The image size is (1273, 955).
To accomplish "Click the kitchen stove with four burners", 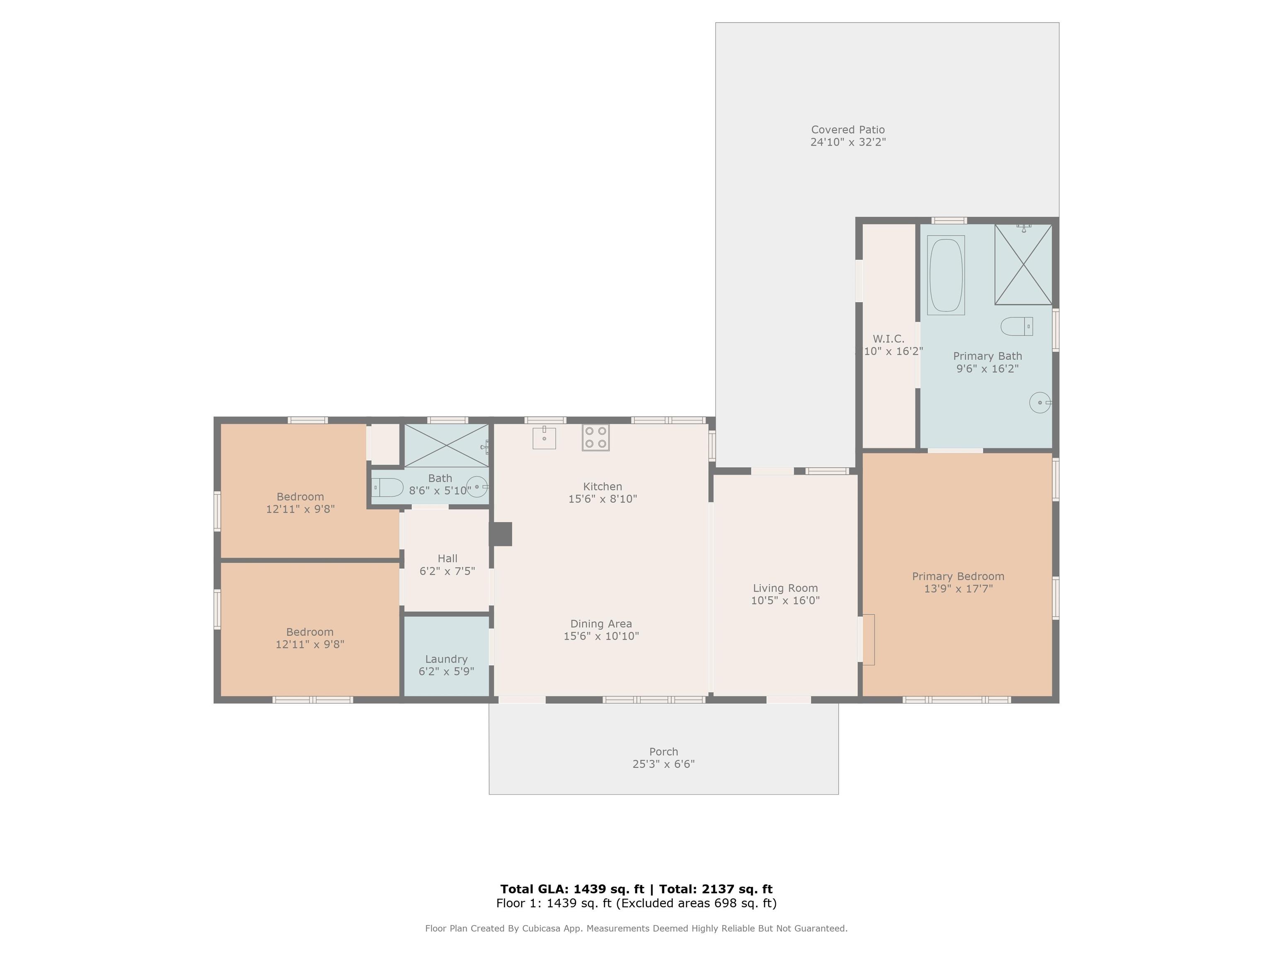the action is tap(595, 437).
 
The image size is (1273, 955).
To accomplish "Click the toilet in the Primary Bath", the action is tap(1017, 326).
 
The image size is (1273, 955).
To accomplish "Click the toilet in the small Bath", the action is tap(388, 487).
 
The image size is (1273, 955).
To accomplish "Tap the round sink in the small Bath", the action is tap(477, 487).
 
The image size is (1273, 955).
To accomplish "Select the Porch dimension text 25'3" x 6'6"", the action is tap(663, 764).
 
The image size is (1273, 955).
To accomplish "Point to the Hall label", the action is tap(447, 558).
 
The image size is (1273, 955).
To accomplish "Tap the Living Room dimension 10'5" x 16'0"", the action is tap(785, 601).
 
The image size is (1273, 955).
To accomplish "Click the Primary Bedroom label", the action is tap(958, 576).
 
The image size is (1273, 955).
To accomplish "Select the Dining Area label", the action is tap(601, 623).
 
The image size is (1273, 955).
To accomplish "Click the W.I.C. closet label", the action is tap(888, 339).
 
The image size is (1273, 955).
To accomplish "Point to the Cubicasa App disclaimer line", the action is tap(636, 928).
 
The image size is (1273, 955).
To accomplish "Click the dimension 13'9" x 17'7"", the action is tap(958, 589).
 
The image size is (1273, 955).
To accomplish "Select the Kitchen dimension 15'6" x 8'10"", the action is tap(603, 499).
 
